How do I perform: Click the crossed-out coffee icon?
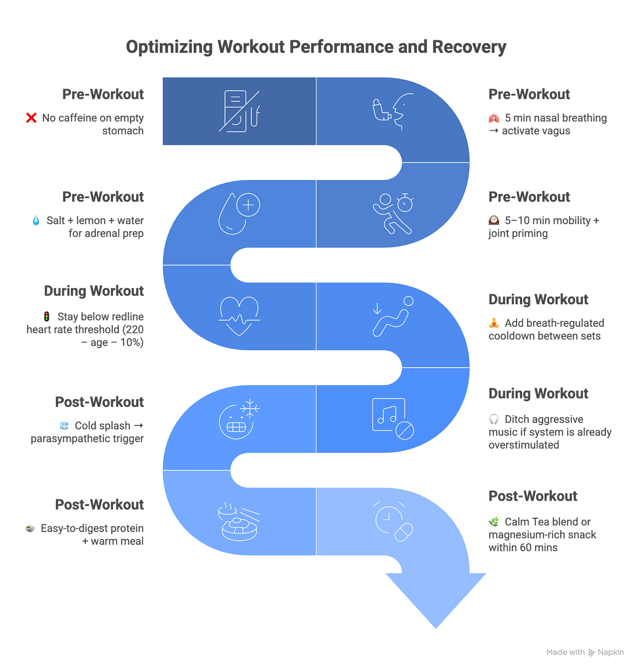239,111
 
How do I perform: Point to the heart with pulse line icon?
239,316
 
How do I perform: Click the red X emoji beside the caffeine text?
32,118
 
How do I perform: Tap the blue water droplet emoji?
36,220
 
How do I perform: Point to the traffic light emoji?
46,316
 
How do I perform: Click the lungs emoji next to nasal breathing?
494,118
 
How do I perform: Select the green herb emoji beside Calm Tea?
494,522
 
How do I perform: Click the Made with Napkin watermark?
585,652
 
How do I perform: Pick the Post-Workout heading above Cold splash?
100,402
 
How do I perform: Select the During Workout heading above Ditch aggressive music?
538,393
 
